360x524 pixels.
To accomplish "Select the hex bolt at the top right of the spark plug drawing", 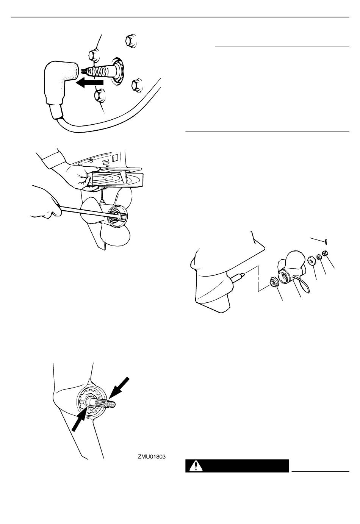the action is pos(131,41).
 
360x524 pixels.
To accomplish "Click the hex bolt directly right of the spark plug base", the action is pos(137,85).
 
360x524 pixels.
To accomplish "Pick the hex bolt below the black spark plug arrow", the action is pos(99,95).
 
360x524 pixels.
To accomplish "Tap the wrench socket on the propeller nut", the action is pos(119,214).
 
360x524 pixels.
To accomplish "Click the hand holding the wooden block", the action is pos(77,174).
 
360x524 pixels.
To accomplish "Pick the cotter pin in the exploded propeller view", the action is pos(326,241).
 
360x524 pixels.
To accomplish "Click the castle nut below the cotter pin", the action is pos(325,253).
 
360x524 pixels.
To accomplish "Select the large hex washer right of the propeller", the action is pos(311,260).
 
